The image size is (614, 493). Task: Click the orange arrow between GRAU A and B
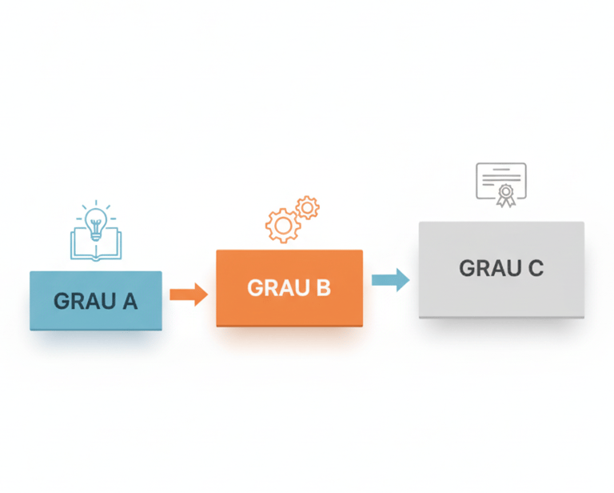pyautogui.click(x=189, y=295)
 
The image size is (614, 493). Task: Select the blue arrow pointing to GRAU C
pyautogui.click(x=391, y=279)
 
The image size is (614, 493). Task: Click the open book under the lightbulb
pyautogui.click(x=95, y=243)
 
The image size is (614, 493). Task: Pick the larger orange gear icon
pyautogui.click(x=282, y=226)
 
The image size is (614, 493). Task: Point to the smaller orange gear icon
pyautogui.click(x=307, y=208)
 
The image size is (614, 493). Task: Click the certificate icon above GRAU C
pyautogui.click(x=501, y=183)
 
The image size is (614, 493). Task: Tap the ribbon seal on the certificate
pyautogui.click(x=504, y=194)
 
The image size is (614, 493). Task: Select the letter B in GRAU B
pyautogui.click(x=322, y=288)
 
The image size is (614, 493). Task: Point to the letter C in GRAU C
pyautogui.click(x=533, y=269)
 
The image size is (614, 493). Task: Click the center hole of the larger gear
pyautogui.click(x=282, y=226)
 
